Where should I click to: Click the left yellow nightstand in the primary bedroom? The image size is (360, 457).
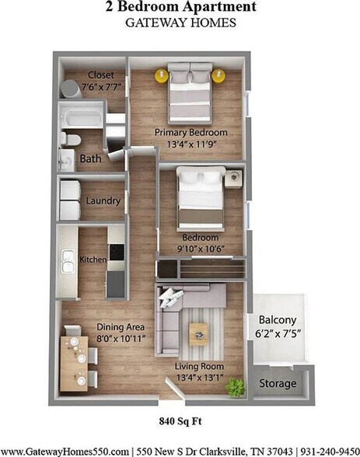[161, 75]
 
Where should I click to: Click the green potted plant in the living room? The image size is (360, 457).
[235, 386]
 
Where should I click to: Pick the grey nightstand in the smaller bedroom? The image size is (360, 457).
[233, 179]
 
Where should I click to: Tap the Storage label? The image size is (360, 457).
[278, 384]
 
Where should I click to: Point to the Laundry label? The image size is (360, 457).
[103, 201]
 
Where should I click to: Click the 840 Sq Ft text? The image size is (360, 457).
[180, 423]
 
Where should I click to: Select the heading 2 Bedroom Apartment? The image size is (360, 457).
[180, 8]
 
